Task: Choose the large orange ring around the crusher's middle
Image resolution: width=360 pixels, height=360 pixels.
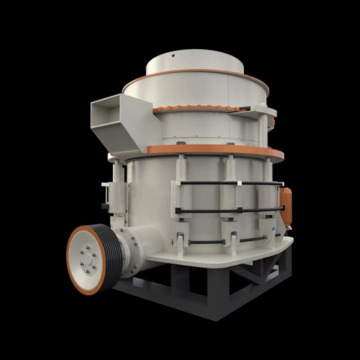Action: tap(215, 152)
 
